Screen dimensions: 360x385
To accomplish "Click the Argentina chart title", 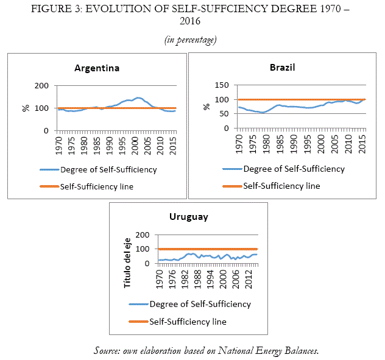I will pos(97,68).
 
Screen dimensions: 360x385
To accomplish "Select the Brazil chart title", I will pos(282,67).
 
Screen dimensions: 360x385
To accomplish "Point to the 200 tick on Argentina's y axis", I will pos(42,86).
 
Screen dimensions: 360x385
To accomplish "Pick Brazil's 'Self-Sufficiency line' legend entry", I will pos(281,186).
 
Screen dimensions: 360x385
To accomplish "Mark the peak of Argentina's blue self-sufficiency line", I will pos(138,97).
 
